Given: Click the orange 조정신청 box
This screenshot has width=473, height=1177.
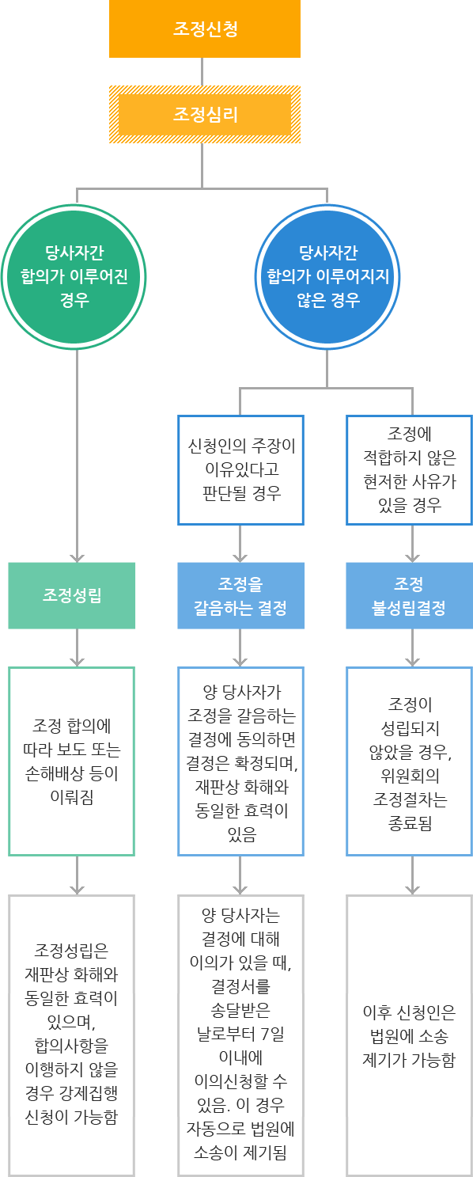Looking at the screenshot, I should coord(205,29).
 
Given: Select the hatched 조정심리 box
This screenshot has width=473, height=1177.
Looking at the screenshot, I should coord(205,115).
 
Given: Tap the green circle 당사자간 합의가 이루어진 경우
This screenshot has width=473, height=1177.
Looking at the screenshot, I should coord(74,276).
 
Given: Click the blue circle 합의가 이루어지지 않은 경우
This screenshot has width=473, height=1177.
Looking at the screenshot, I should coord(327,276).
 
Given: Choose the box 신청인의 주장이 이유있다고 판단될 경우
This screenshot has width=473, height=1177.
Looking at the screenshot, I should coord(240,469).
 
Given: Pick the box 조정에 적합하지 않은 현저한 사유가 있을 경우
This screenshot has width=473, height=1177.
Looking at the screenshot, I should coord(409,469).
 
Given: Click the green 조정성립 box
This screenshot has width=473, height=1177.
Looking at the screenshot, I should coord(72,595).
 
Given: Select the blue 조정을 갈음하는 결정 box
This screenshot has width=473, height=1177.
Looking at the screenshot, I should coord(240,595).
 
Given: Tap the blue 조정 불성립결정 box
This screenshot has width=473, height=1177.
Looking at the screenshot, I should coord(409,595).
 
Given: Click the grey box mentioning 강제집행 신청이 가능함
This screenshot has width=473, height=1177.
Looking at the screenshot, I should coord(72,1035).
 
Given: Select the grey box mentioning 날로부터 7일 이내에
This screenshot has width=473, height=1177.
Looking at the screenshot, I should coord(240,1035).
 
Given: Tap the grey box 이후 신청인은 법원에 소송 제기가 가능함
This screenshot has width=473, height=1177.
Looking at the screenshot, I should coord(409,1035).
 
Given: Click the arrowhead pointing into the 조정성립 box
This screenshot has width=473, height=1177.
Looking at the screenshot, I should coord(77,557).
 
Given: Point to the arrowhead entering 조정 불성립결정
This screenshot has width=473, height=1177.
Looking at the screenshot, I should coord(412,557).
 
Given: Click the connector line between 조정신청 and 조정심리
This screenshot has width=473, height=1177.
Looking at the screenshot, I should coord(202,71).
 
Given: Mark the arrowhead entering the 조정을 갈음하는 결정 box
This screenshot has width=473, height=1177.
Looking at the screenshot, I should coord(240,557).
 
